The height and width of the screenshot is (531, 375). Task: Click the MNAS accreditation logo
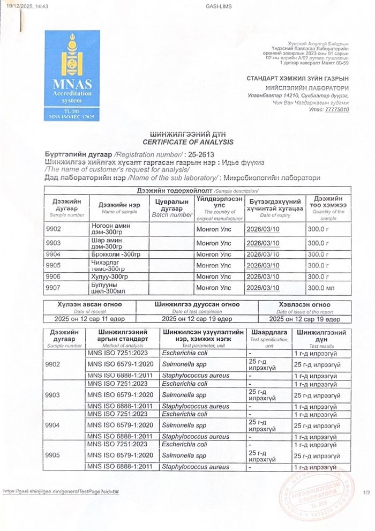(x=72, y=74)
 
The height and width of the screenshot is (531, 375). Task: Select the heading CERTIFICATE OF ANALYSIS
(x=187, y=142)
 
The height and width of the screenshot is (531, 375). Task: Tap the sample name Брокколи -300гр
(x=116, y=254)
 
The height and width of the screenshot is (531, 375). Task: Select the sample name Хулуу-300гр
(x=110, y=276)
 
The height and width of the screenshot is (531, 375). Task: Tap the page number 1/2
(x=366, y=492)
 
